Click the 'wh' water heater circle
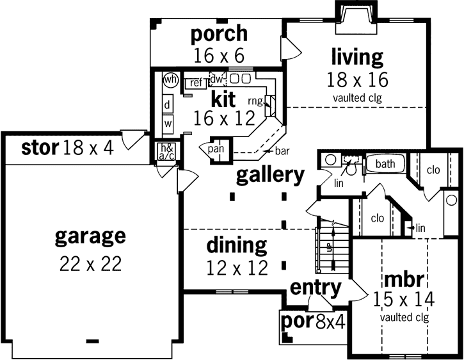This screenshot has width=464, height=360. coord(170,80)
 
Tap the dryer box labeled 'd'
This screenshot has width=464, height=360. coord(168,104)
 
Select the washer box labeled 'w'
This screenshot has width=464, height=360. coord(168,122)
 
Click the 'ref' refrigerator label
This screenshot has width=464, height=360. coord(196,82)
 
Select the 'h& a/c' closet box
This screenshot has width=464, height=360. coord(166,151)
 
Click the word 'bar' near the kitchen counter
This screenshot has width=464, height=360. coord(282,151)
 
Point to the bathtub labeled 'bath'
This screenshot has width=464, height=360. coord(385,164)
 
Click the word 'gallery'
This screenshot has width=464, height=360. coord(269,175)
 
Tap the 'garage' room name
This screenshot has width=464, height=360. coord(90,236)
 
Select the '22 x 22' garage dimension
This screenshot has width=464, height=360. coord(90,264)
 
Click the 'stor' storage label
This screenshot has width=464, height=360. coord(40,149)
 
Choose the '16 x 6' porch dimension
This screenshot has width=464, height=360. coord(218,55)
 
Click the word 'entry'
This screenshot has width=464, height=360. coord(316,288)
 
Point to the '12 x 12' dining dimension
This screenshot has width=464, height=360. coord(237,267)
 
